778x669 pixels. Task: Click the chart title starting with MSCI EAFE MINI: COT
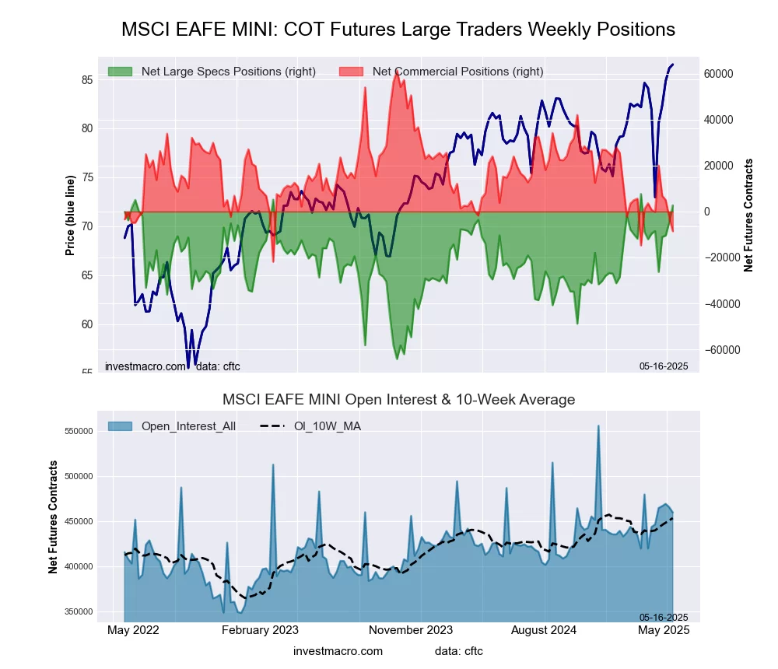[398, 30]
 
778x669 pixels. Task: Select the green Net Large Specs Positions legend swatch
[120, 72]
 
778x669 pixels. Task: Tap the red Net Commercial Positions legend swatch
[351, 72]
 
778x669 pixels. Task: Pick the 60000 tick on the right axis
[718, 74]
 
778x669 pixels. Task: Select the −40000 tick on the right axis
[720, 304]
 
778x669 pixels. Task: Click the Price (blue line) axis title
[70, 215]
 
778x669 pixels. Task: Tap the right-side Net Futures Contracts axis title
[748, 215]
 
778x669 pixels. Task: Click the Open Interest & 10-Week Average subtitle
[398, 400]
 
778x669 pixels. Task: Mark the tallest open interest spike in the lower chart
[598, 426]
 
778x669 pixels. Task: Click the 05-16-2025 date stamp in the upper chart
[664, 366]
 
